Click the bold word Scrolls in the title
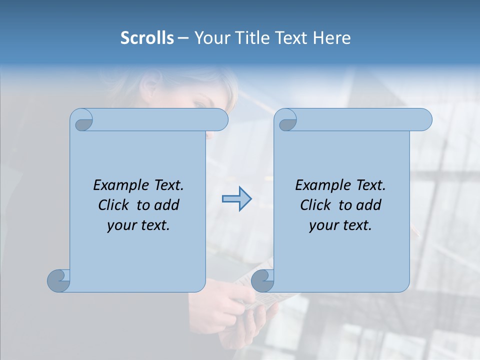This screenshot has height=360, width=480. coord(147,38)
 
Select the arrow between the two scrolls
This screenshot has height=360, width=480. coord(236,199)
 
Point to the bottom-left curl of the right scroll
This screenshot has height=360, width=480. coord(263,281)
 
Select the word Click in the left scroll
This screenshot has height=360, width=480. coord(113,205)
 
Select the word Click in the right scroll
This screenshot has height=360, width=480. coord(315,205)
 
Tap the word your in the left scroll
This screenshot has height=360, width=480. coord(120,225)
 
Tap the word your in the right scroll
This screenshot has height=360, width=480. coord(322,225)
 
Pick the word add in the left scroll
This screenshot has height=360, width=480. coord(167,205)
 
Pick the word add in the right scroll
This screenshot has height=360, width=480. coord(369,205)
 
